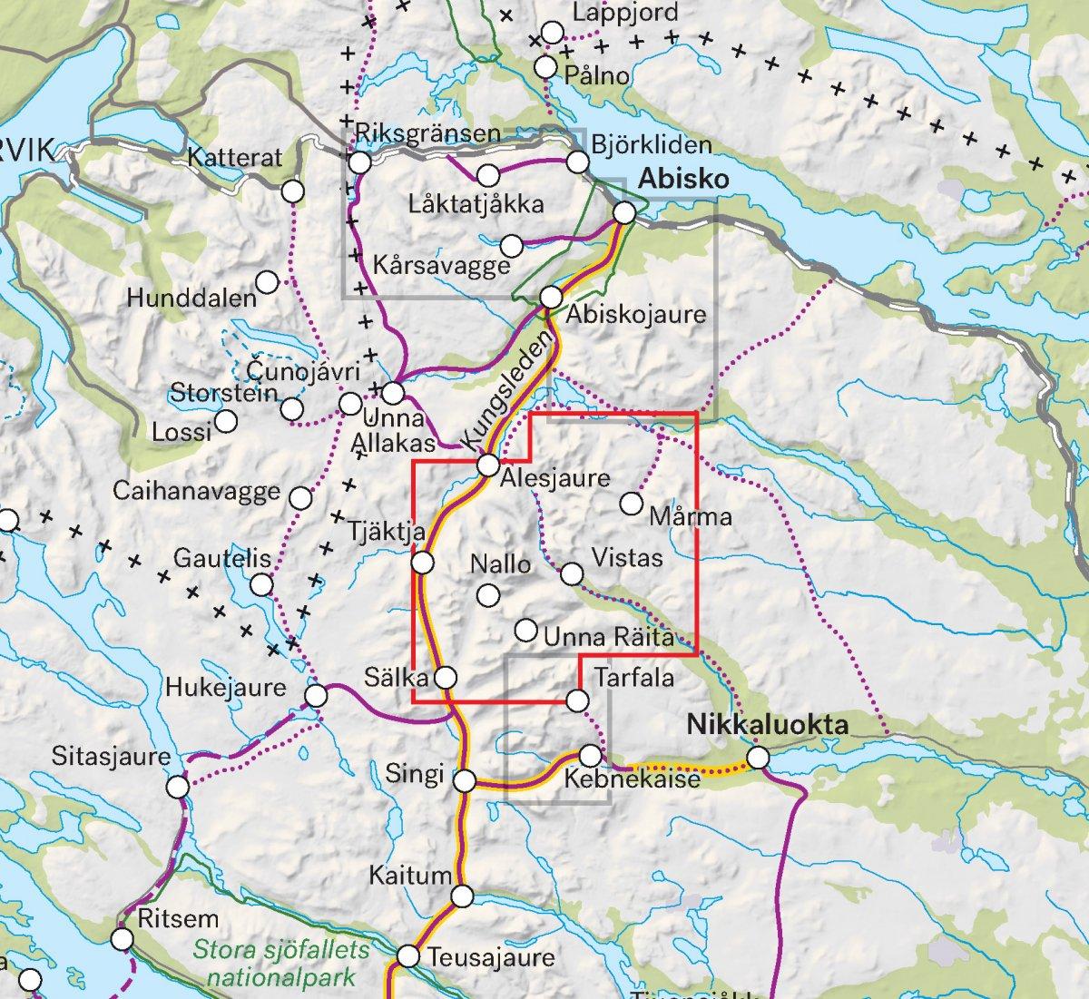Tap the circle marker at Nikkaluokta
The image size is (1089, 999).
coord(758,757)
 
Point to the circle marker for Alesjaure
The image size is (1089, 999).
coord(488,465)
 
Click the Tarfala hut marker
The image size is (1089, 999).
coord(577,700)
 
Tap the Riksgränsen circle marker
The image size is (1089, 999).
coord(360,162)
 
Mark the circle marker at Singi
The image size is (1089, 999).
coord(465,780)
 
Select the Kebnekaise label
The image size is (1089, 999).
coord(632,779)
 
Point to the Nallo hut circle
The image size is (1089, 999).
coord(488,595)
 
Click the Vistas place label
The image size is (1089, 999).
coord(627,556)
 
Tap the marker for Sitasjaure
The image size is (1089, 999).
coord(179,786)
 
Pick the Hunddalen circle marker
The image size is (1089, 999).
coord(268,282)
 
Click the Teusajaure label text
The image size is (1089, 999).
coord(491,958)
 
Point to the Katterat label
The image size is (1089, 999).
coord(235,158)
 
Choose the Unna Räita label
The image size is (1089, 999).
coord(609,637)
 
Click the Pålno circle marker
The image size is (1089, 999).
coord(545,67)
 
